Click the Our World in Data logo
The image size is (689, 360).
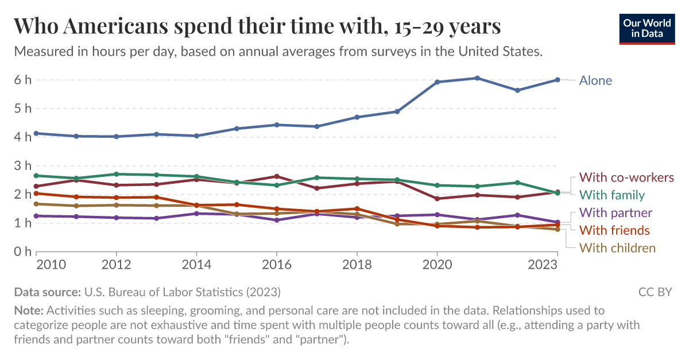pos(647,28)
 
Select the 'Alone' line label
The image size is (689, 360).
pos(595,80)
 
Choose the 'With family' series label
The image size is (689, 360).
pos(611,195)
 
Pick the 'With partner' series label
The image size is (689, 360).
pos(616,213)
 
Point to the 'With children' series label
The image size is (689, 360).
pos(617,248)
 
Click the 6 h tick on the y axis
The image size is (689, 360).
pos(23,80)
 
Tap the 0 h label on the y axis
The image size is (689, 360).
pos(23,251)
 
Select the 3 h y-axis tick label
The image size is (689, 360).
pos(23,166)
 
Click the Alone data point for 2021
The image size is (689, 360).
pos(477,78)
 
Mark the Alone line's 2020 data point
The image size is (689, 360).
pos(437,82)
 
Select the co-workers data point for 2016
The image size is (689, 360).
pos(276,176)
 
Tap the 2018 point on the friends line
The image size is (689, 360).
pos(357,209)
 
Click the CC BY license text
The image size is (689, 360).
pos(655,292)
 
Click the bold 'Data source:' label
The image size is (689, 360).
pos(47,292)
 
